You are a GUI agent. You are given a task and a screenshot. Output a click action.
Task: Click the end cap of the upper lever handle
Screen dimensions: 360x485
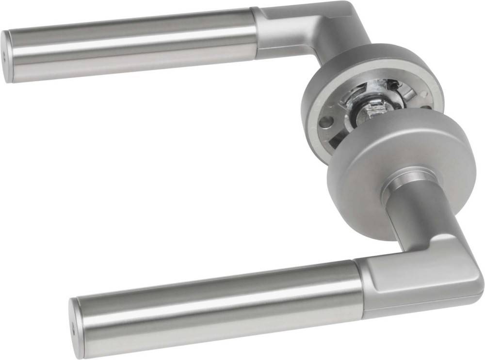coord(7,56)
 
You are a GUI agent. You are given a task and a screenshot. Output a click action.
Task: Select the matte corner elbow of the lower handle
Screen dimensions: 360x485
coord(417,276)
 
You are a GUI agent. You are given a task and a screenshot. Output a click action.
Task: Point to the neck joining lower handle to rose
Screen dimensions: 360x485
coord(412,213)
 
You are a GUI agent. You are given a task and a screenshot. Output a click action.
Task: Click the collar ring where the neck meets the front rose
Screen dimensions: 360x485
coord(407,179)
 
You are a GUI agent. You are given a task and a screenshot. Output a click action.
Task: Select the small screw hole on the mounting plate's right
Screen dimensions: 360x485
coord(426,108)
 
